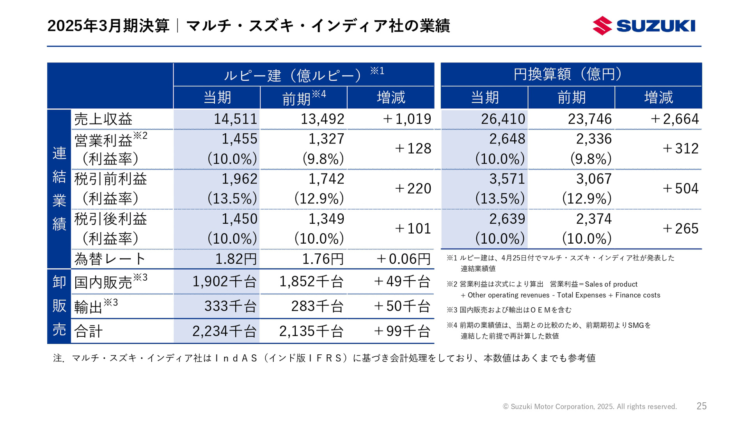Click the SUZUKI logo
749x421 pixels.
tap(644, 26)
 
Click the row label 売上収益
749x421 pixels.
tap(103, 119)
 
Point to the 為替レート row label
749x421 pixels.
tap(110, 259)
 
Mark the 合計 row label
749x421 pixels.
tap(89, 331)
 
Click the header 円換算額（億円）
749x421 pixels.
tap(571, 74)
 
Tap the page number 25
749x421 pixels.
tap(701, 406)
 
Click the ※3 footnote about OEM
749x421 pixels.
tap(509, 310)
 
